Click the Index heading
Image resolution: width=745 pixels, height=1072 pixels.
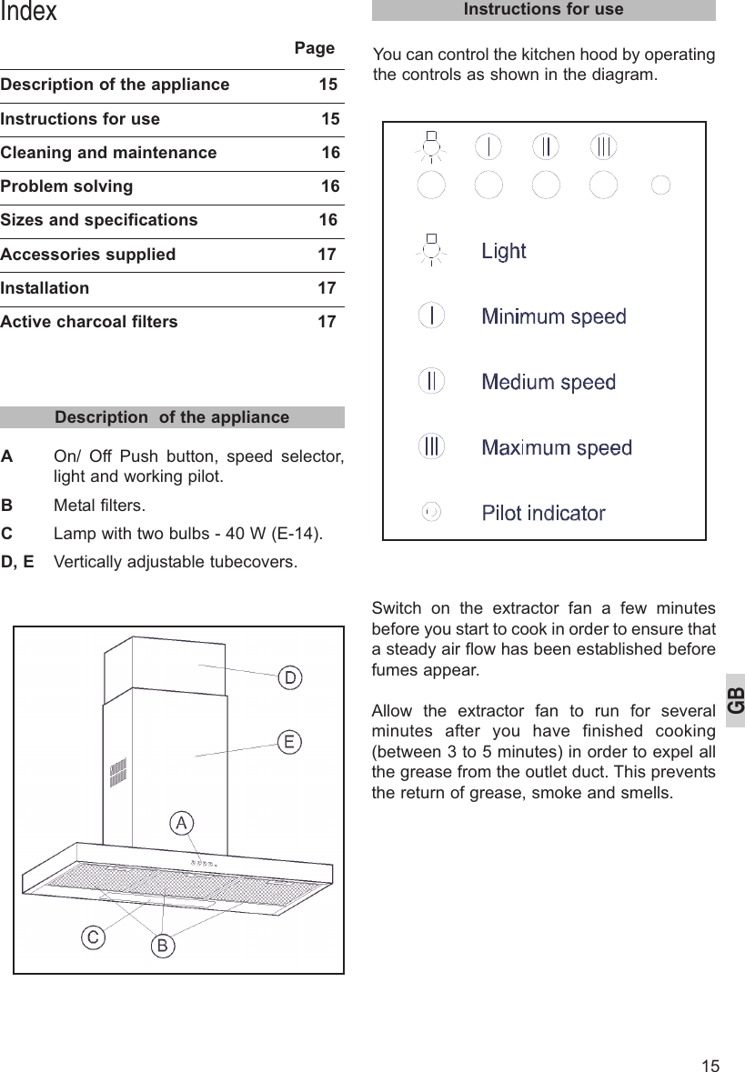29,12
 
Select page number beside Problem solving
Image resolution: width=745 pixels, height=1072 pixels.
330,186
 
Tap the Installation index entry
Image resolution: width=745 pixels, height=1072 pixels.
45,288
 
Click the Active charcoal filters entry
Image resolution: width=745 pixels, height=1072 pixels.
89,322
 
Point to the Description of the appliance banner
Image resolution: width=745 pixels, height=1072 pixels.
172,417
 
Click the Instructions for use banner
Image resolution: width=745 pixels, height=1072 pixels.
543,10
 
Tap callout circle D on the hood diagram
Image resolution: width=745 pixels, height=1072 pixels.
289,678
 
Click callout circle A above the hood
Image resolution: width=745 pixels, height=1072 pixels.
182,824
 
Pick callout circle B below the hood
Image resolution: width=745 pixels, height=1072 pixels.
162,947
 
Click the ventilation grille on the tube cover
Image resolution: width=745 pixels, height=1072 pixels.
117,773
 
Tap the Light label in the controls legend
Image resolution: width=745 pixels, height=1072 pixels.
503,251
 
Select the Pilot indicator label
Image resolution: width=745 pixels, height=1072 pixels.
543,513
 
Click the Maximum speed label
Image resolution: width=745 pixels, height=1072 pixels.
556,447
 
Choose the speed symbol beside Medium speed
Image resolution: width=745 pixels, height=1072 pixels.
431,381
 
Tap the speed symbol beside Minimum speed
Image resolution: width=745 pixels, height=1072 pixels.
431,316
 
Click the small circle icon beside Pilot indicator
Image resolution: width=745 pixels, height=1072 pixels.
432,512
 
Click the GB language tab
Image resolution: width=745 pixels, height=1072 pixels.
735,700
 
